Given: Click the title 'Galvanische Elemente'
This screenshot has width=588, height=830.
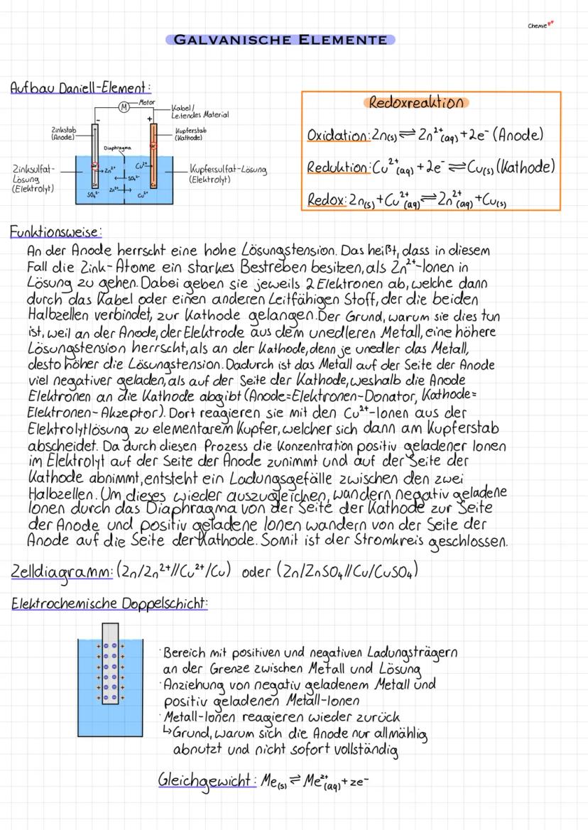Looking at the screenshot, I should [280, 40].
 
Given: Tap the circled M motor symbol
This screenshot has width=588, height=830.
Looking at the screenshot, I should [124, 107].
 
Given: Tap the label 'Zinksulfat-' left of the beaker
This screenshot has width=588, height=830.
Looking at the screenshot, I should [31, 170].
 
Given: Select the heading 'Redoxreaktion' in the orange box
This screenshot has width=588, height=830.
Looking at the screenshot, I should [417, 102].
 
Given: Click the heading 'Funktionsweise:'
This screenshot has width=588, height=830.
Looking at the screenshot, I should [55, 231].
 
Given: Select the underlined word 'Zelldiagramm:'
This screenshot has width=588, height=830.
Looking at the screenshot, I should [61, 572].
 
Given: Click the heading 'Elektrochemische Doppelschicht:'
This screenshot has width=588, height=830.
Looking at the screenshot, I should [109, 604].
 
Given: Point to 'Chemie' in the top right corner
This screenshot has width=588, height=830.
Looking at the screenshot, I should [538, 26].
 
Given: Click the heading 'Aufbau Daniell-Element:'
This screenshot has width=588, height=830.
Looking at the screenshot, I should [80, 88].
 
